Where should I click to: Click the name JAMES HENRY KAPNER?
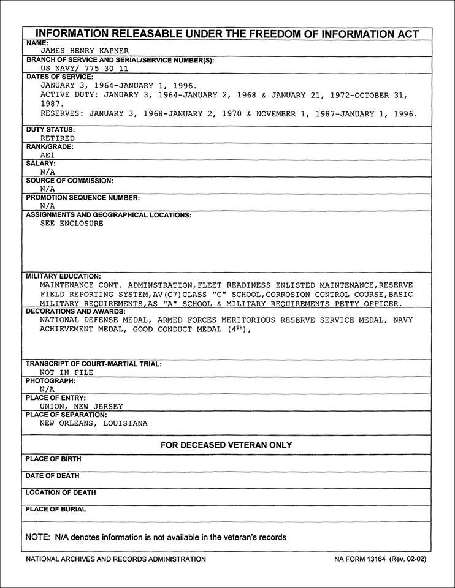[85, 51]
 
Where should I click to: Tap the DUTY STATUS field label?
[50, 130]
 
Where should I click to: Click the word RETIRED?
[57, 138]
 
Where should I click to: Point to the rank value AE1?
[47, 156]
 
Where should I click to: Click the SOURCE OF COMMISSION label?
[69, 181]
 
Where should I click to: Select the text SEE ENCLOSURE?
[72, 224]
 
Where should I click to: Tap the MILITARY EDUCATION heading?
[63, 276]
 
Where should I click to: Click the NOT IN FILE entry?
[67, 372]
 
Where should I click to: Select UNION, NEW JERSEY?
[82, 406]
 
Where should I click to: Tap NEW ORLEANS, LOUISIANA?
[94, 423]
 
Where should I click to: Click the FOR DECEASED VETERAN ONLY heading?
[226, 445]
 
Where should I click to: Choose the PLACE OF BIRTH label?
[53, 459]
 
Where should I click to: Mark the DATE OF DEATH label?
[52, 476]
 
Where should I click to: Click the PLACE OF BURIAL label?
[55, 509]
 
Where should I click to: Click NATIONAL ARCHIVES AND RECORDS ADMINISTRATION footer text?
[116, 559]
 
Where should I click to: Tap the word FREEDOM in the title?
[266, 34]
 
